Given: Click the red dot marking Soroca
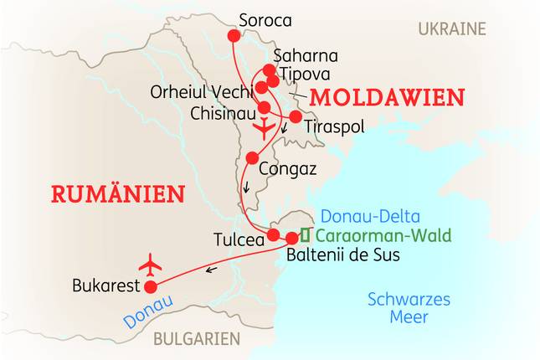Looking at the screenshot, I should [x=233, y=36].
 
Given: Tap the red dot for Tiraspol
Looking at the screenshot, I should [x=296, y=116].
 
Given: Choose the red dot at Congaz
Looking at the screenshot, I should [x=252, y=157].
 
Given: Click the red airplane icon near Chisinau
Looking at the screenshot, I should [x=264, y=130].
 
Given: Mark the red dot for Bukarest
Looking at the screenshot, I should [x=151, y=287].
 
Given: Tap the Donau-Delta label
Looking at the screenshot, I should [x=371, y=217].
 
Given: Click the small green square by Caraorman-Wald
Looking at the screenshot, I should [x=306, y=234].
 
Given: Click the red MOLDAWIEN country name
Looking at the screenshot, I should [x=387, y=98].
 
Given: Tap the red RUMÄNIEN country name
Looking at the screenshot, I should [x=117, y=194].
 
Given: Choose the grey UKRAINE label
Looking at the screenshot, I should [x=452, y=29].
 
